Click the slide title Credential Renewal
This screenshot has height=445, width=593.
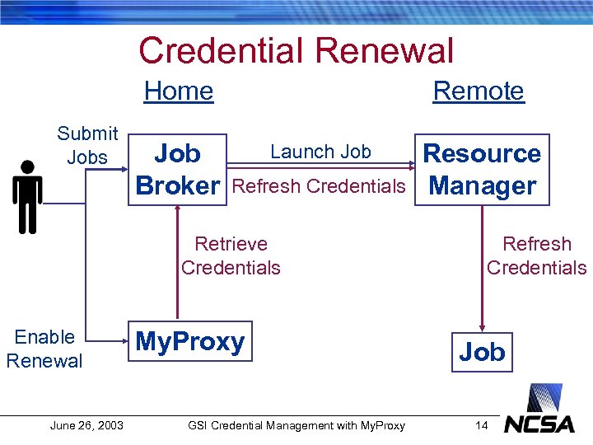point(296,50)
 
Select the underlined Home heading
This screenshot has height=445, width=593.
point(179,91)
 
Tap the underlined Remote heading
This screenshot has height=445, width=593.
point(479,91)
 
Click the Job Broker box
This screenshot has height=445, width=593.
point(178,170)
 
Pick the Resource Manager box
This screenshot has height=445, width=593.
point(482,170)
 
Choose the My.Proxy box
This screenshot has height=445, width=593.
point(190,342)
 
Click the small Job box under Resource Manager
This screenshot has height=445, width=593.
point(482,352)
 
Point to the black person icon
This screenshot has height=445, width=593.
point(27,196)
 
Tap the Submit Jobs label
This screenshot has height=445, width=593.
point(87,144)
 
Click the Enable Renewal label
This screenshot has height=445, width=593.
point(44,349)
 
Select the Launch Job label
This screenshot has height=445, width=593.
point(320,152)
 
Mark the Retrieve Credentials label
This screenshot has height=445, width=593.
point(231,255)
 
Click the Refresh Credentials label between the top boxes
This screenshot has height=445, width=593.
point(320,185)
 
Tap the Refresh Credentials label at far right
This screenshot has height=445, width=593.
point(536,255)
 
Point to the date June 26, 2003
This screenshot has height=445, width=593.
point(86,425)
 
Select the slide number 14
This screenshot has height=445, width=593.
point(482,425)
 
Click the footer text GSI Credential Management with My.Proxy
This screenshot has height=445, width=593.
point(296,425)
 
